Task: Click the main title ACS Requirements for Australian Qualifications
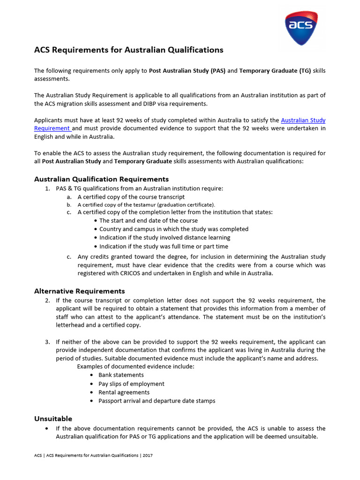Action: (129, 50)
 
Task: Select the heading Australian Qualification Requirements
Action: (101, 179)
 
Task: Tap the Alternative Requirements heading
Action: (80, 291)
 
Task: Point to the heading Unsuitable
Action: (53, 419)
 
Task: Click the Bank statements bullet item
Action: (121, 375)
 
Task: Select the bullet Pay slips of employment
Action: (131, 384)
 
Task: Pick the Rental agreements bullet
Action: (124, 392)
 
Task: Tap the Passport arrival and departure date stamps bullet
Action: (157, 401)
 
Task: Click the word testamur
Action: (144, 205)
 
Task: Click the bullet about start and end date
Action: (148, 220)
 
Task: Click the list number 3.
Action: (47, 342)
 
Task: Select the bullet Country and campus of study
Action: (173, 229)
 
